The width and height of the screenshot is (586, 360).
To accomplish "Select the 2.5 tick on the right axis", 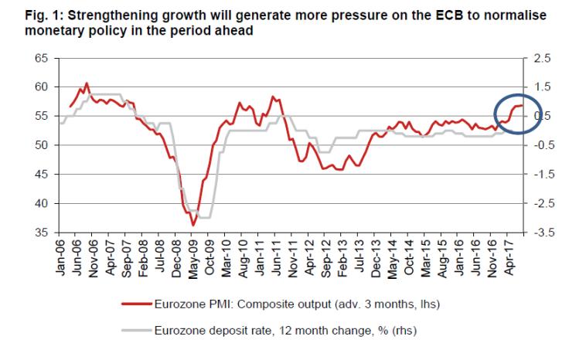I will [x=542, y=58].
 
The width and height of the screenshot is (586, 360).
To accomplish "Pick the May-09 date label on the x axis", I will [x=192, y=255].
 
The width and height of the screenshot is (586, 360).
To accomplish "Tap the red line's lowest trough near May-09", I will [x=193, y=225].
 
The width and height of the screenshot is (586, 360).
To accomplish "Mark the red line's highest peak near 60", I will [x=87, y=83].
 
